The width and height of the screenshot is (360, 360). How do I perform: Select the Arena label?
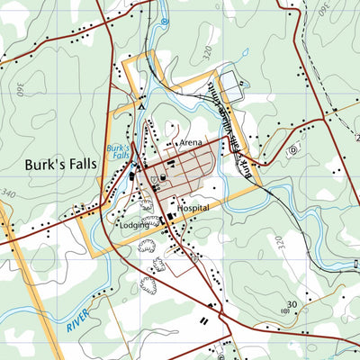coord(191,142)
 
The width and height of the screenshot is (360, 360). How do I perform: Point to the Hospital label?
coord(193,207)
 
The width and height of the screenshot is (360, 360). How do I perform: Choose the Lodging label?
coord(134,225)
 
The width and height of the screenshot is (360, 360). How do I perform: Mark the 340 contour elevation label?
coord(9,193)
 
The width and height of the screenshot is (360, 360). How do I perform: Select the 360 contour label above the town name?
coord(21,87)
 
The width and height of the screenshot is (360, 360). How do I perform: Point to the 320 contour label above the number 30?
coord(279,243)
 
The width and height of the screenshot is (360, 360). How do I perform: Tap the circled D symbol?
coord(292,151)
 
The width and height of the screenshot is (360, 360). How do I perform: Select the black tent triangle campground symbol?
coord(139,105)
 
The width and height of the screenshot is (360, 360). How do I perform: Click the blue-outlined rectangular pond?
coord(231,85)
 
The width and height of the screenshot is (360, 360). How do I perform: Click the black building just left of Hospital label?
coord(171,217)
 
